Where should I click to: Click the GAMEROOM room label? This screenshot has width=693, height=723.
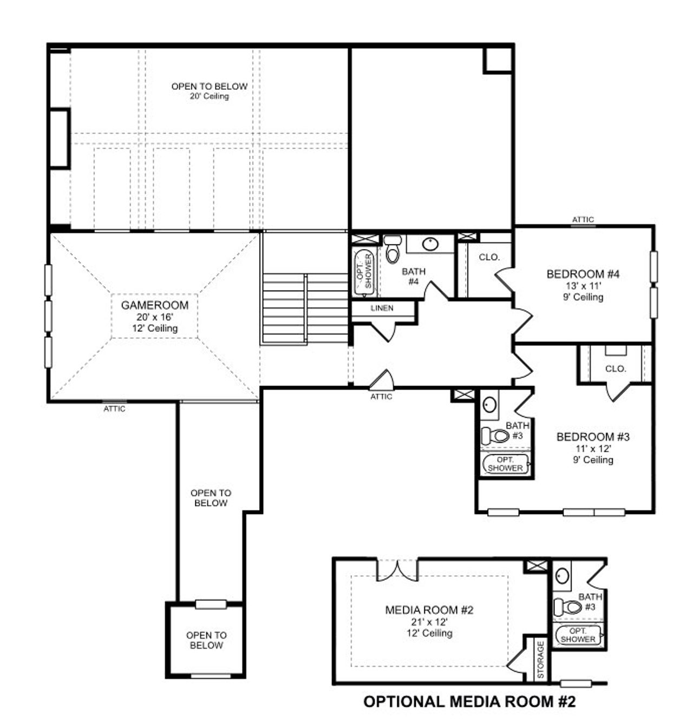coord(154,305)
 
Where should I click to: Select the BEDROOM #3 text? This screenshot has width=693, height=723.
coord(593,437)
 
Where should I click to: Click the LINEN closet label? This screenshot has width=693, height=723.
coord(382,308)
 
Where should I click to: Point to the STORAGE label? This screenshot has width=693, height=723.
coord(540,660)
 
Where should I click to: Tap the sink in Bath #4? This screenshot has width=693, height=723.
coord(430,244)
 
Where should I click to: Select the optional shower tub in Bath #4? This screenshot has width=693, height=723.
coord(364,272)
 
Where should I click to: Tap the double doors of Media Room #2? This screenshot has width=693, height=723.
coord(397,570)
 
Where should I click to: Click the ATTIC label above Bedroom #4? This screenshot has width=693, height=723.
coord(583,220)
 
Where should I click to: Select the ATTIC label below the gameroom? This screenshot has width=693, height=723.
coord(114,409)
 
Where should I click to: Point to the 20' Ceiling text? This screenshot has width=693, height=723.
coord(209,96)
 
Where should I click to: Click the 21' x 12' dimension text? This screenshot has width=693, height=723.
coord(429,622)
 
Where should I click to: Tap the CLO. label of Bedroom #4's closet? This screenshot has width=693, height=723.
coord(489,258)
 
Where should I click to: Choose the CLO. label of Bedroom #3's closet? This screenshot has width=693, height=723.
coord(616,369)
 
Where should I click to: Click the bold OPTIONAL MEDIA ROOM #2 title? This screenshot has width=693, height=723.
coord(469,702)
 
